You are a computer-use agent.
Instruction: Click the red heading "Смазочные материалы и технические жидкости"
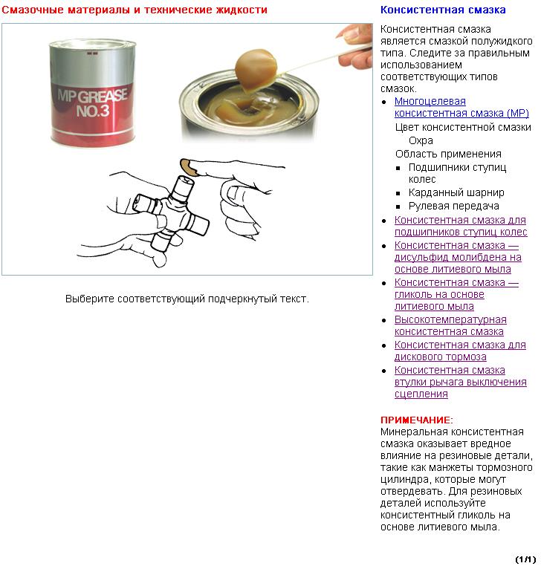click(135, 10)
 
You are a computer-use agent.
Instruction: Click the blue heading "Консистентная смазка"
click(443, 10)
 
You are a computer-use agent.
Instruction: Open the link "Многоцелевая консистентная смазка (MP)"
click(461, 107)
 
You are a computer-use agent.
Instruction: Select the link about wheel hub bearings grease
click(460, 226)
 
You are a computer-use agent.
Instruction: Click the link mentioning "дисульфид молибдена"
click(457, 257)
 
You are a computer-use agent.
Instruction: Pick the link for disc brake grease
click(460, 351)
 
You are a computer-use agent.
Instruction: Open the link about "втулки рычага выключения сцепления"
click(460, 382)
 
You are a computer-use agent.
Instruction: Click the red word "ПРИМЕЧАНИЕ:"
click(416, 420)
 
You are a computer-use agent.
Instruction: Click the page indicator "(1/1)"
click(525, 559)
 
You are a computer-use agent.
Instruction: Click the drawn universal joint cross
click(175, 207)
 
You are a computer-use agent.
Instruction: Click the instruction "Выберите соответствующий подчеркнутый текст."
click(187, 299)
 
